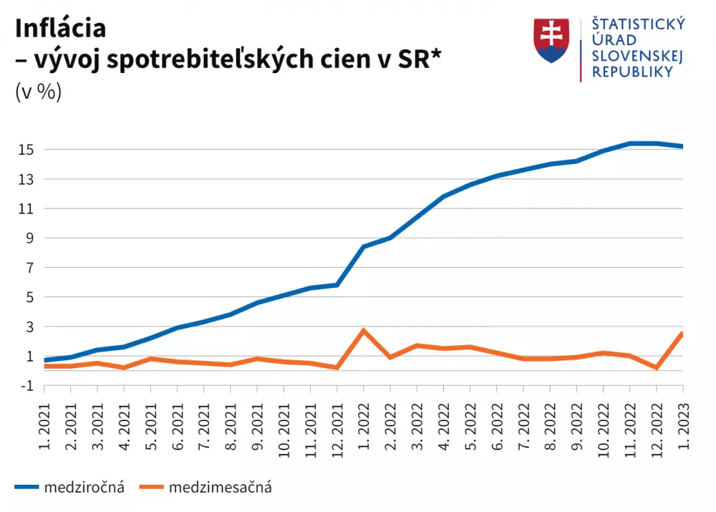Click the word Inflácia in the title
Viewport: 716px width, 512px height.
(60, 27)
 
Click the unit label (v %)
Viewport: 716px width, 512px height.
(38, 92)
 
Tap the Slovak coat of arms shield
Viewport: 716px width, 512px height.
(551, 40)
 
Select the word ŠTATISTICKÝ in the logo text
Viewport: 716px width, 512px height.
(637, 24)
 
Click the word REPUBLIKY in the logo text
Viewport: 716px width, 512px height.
(632, 72)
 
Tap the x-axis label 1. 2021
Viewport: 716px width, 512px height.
(44, 423)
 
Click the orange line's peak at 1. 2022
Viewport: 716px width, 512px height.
(364, 330)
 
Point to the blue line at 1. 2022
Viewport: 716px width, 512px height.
(364, 246)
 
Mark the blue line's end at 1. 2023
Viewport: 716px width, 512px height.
(682, 146)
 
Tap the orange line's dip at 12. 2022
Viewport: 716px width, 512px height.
(656, 367)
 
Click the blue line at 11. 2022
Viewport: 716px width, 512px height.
(629, 143)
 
